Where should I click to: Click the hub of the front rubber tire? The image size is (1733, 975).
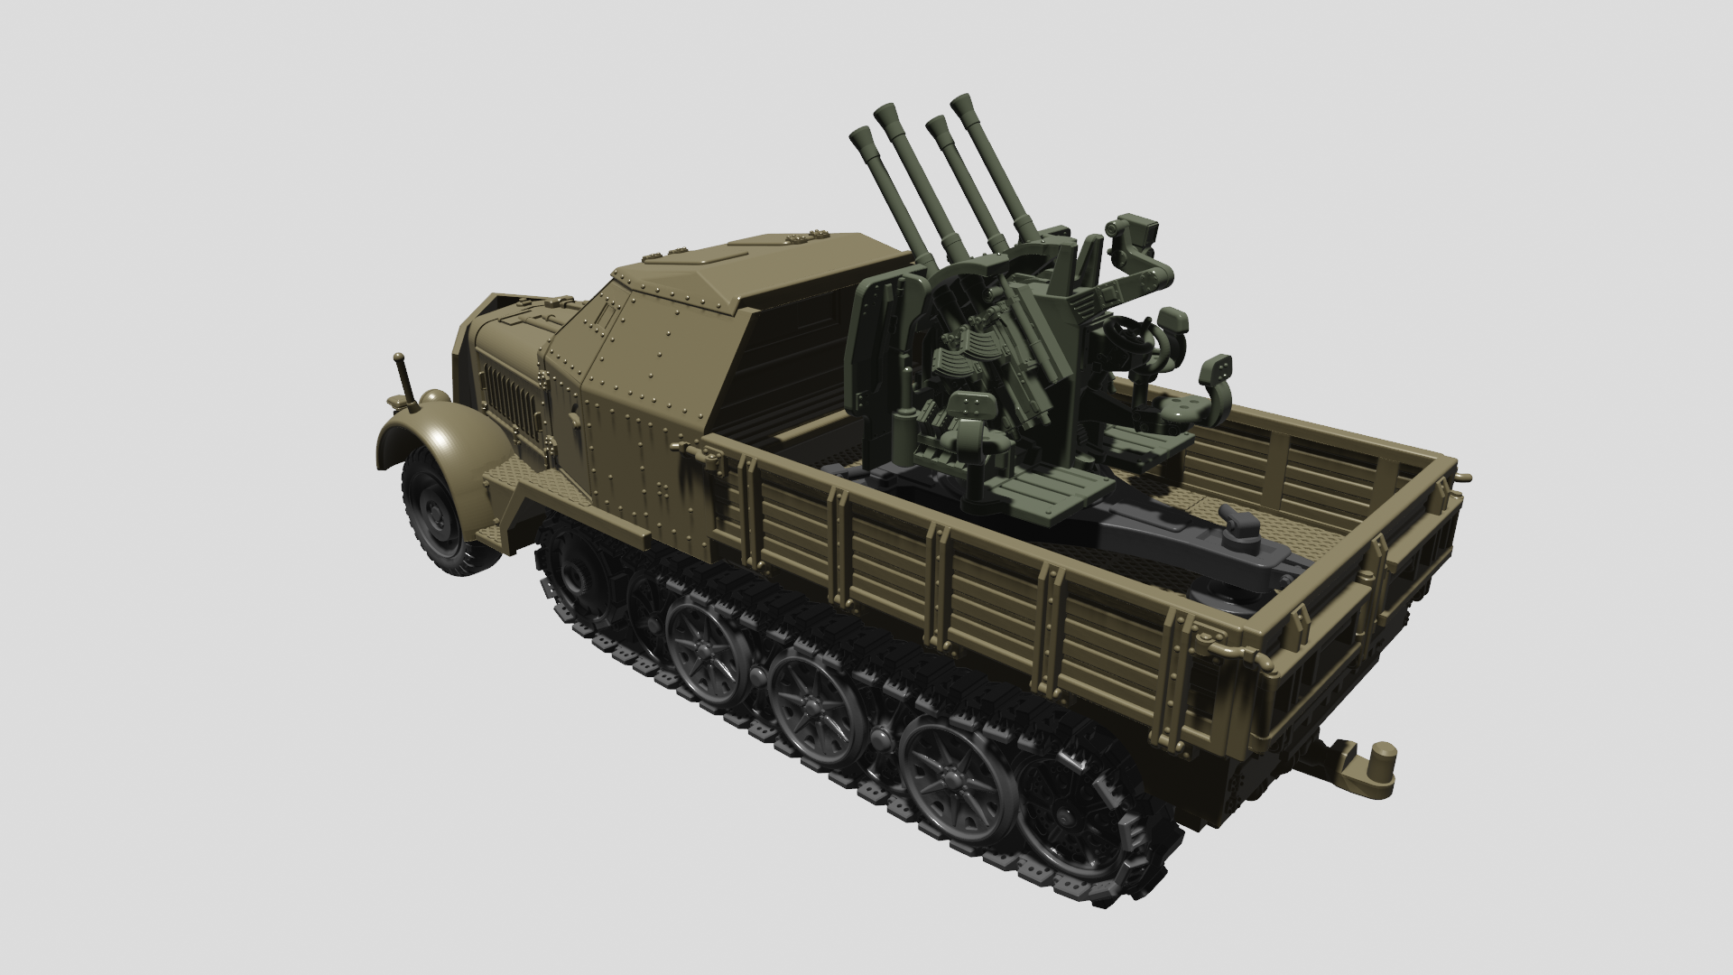pyautogui.click(x=440, y=515)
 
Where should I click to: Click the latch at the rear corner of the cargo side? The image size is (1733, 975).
pyautogui.click(x=1209, y=637)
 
